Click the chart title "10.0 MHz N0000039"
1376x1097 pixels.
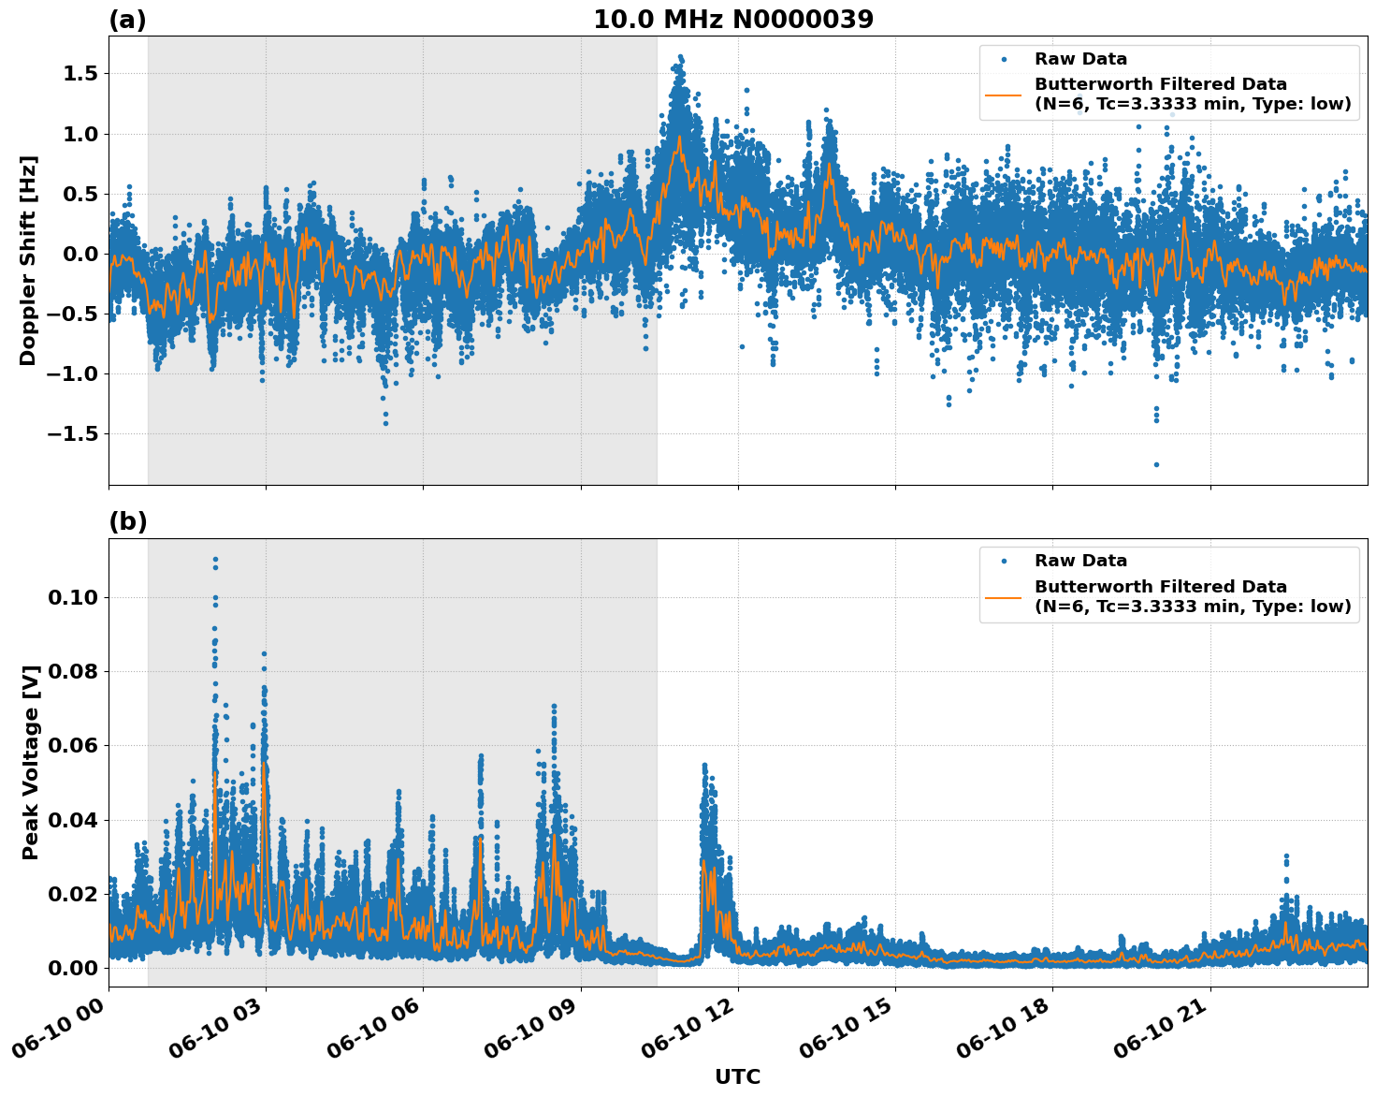coord(732,20)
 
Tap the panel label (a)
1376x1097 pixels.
coord(127,20)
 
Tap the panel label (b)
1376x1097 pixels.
coord(127,521)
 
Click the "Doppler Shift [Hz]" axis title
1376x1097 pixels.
coord(28,260)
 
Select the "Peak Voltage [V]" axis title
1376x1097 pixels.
coord(31,762)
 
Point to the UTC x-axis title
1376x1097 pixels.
coord(737,1076)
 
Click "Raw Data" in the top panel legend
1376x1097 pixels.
coord(1080,59)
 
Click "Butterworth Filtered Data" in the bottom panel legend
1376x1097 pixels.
coord(1160,587)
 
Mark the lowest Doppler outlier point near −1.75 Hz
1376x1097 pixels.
coord(1156,464)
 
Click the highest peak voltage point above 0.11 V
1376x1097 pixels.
coord(215,560)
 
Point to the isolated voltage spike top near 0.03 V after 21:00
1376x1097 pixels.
coord(1286,856)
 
